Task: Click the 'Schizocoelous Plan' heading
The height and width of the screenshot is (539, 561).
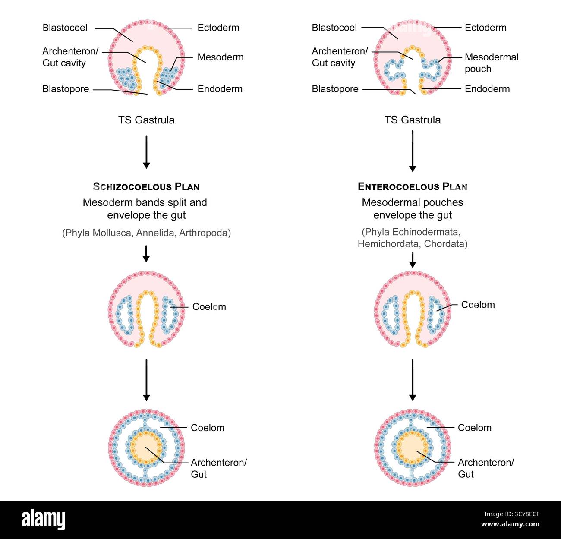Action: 146,186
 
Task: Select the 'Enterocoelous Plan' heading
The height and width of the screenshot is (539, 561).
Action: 412,186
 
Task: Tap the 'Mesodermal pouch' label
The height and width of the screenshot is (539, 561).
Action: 492,63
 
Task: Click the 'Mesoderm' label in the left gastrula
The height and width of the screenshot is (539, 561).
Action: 221,57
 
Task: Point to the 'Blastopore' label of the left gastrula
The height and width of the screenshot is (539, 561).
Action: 66,89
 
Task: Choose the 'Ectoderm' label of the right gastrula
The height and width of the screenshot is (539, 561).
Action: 485,28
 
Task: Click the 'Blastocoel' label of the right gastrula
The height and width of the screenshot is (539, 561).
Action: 334,28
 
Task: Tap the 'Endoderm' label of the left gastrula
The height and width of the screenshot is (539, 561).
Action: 220,89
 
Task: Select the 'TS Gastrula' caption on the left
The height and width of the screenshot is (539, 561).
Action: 146,120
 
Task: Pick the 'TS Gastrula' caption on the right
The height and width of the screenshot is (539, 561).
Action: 412,120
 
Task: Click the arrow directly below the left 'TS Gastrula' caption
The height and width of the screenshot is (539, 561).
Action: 146,152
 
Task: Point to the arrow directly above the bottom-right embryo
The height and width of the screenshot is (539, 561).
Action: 413,380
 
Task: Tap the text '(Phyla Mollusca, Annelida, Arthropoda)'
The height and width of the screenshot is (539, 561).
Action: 146,233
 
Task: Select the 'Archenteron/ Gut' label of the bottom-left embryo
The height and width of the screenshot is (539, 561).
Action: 218,468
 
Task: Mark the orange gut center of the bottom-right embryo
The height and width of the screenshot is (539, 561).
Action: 412,448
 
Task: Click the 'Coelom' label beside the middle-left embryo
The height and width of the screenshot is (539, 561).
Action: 209,307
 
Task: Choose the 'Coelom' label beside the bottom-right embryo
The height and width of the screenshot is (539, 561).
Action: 475,428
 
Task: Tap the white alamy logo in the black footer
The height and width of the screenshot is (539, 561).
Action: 44,520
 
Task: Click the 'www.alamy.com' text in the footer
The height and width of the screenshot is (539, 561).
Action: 510,524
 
